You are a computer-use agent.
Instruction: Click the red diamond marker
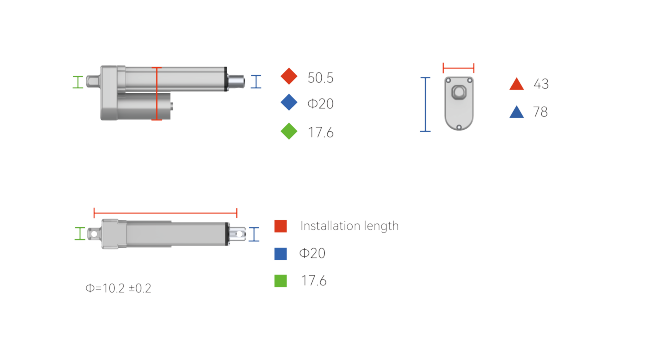(x=289, y=76)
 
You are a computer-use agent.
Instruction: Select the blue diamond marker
(x=289, y=102)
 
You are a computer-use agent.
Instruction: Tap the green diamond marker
(x=289, y=131)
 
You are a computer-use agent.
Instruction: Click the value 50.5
(x=320, y=78)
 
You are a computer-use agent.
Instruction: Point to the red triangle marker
(x=516, y=84)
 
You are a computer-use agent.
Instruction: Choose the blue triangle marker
(x=516, y=112)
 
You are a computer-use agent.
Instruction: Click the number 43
(x=541, y=84)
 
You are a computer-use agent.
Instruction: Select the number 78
(x=540, y=112)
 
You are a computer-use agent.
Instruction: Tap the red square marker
(x=281, y=226)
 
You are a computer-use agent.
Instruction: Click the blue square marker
(x=281, y=254)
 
